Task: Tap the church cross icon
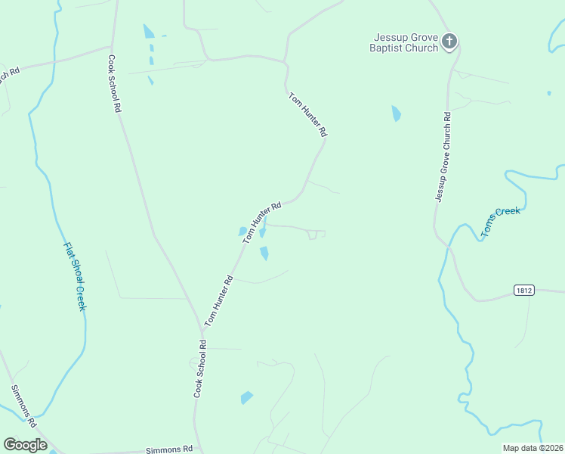coord(449,41)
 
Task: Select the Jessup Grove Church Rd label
coord(443,157)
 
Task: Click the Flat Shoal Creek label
coord(74,276)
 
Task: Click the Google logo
coord(25,444)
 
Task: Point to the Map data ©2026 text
coord(533,448)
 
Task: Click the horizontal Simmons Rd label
coord(169,449)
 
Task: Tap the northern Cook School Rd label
coord(114,84)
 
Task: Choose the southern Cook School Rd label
coord(200,369)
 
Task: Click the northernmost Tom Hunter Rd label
coord(308,114)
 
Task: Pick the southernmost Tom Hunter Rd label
coord(219,300)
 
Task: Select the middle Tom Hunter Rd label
coord(262,221)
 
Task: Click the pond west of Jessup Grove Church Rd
coord(396,114)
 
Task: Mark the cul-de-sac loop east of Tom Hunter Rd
coord(313,235)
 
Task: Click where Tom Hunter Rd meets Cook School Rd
coord(202,331)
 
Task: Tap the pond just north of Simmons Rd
coord(246,397)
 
